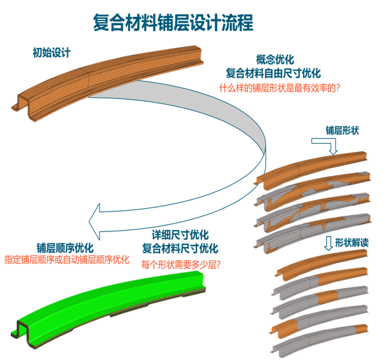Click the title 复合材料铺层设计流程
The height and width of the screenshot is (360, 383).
(x=173, y=23)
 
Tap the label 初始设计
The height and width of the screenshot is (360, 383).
(x=52, y=52)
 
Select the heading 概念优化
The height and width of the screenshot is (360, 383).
(x=275, y=59)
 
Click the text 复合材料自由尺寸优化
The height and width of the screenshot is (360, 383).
(x=273, y=73)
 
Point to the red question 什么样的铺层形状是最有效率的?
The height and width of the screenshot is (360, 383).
(x=280, y=88)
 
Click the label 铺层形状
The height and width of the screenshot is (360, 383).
(x=342, y=131)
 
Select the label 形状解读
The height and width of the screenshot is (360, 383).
(x=352, y=242)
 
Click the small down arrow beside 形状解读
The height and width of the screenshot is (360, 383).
(x=328, y=243)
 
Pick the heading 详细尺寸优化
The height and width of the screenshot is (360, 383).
(x=180, y=235)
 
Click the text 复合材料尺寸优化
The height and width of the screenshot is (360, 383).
(x=180, y=249)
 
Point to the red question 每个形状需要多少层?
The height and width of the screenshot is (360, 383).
(x=181, y=264)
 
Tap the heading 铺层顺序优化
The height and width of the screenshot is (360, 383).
(x=65, y=248)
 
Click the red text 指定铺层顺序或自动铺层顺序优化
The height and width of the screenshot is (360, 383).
(x=67, y=260)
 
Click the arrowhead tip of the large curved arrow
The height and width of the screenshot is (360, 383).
(x=88, y=222)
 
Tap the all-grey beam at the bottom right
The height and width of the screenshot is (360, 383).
(x=320, y=341)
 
